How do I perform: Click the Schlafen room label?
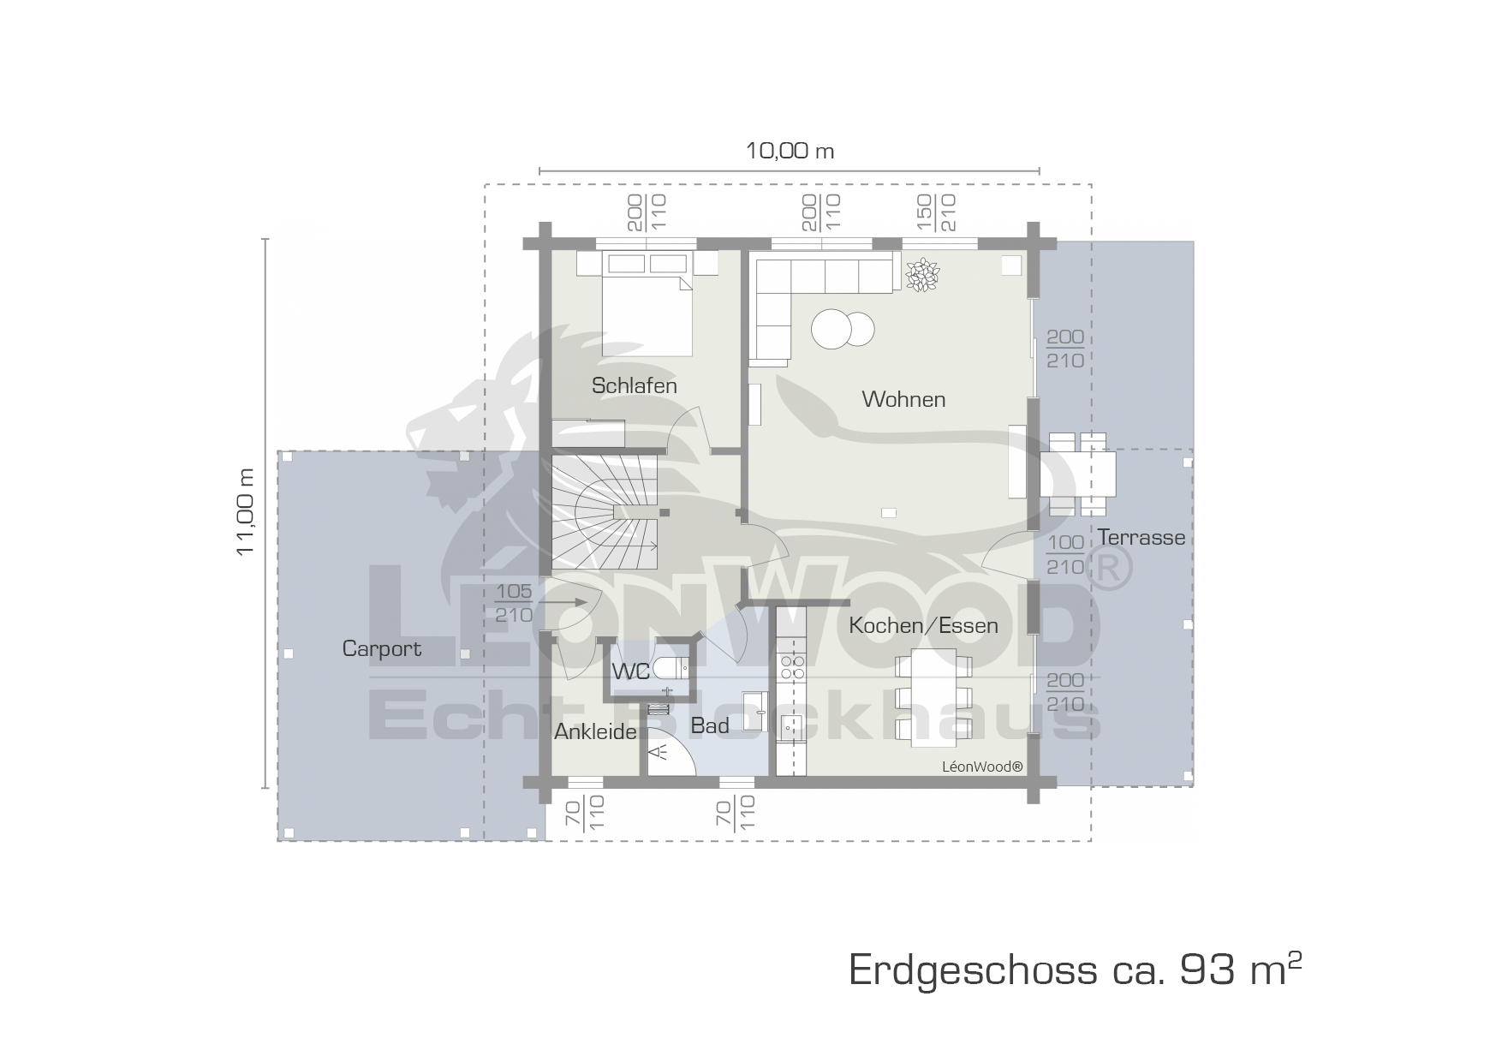(634, 385)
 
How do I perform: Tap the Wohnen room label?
(903, 399)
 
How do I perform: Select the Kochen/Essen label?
(923, 625)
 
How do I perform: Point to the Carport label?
(382, 649)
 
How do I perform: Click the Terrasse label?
(1141, 537)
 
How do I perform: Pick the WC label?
(631, 671)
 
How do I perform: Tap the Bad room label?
(710, 725)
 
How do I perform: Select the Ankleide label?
(595, 731)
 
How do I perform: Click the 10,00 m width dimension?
(790, 152)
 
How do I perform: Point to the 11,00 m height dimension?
(247, 511)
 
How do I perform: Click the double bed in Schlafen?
(647, 304)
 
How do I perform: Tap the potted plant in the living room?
(922, 274)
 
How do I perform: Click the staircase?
(605, 512)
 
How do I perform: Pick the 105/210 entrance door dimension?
(514, 603)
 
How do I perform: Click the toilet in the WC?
(671, 666)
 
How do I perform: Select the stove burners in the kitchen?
(792, 666)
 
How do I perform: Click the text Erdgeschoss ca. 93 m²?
(1076, 970)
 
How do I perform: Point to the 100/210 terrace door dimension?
(1065, 554)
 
